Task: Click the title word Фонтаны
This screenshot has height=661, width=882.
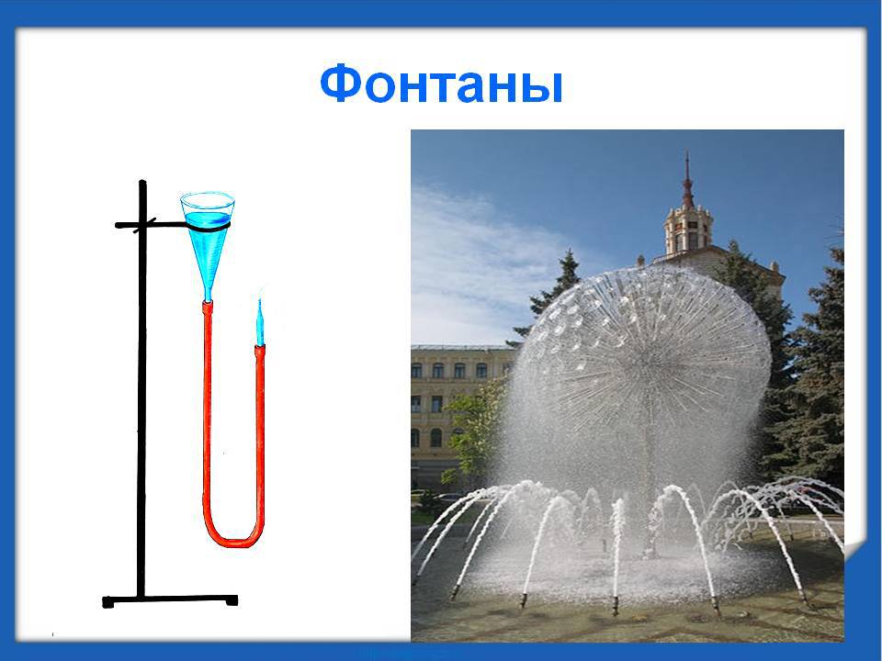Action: click(x=441, y=84)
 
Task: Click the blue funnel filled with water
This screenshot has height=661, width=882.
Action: click(x=208, y=241)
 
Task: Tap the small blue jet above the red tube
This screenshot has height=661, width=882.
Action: click(x=260, y=322)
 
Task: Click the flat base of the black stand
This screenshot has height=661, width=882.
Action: click(x=170, y=600)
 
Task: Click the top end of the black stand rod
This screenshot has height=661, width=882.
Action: click(x=142, y=182)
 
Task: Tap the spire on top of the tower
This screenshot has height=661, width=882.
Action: click(x=687, y=180)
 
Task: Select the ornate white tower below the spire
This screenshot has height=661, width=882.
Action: click(x=688, y=230)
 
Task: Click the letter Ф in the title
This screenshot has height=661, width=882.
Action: click(x=340, y=84)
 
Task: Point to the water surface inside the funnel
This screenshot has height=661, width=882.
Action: click(x=208, y=218)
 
